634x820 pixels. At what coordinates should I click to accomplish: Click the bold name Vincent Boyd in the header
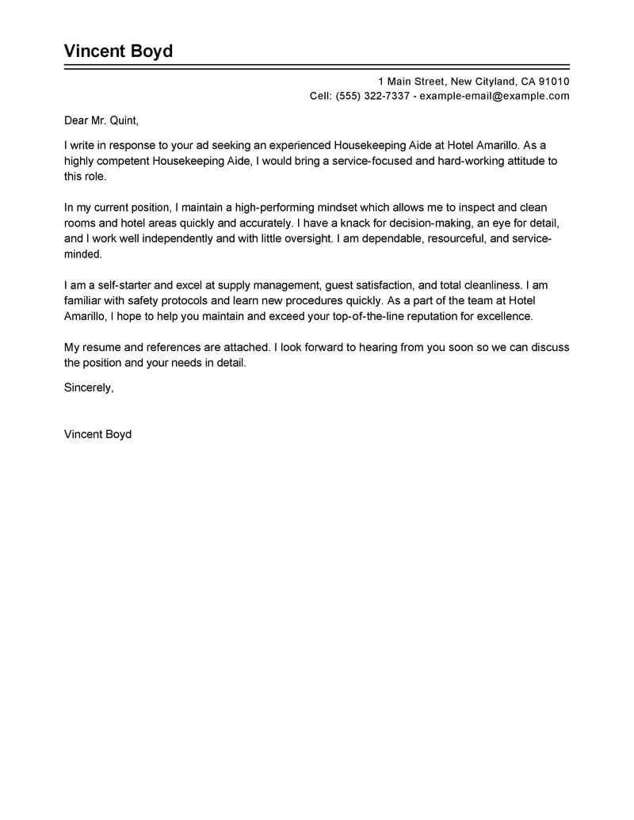click(x=118, y=52)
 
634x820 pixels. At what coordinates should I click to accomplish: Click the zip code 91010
click(x=554, y=82)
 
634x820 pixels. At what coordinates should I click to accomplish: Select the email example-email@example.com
click(x=495, y=97)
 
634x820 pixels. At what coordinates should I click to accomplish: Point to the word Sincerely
click(x=89, y=387)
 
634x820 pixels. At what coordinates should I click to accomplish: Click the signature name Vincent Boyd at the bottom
click(x=97, y=434)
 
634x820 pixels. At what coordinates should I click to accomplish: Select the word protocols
click(x=178, y=301)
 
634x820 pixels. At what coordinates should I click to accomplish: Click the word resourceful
click(x=440, y=239)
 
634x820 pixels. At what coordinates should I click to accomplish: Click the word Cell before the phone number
click(x=320, y=97)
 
